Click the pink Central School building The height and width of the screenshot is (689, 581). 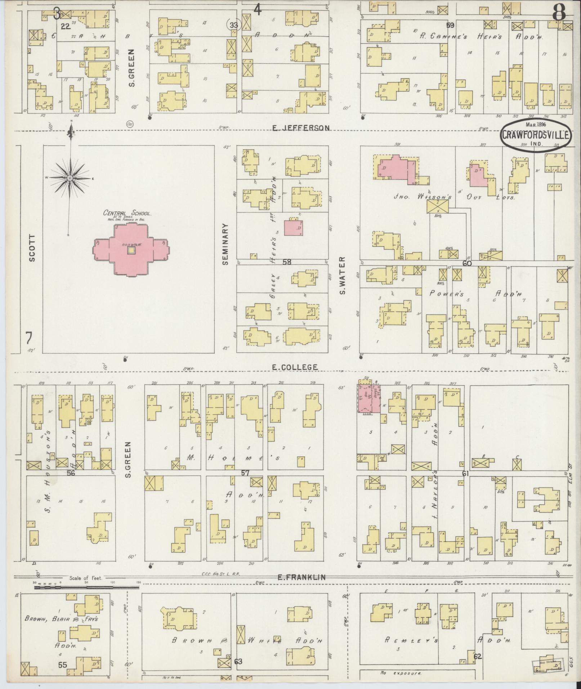point(132,250)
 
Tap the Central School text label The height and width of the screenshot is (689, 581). point(128,213)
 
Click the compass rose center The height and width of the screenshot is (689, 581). point(70,178)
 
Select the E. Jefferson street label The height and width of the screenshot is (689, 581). point(301,128)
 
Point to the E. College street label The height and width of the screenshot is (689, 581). point(295,367)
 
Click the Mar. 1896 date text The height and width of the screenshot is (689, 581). point(536,125)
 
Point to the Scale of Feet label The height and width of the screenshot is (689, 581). point(81,578)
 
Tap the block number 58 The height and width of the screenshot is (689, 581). point(287,262)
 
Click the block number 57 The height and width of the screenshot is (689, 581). point(245,473)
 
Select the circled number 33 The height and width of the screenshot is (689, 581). point(234,25)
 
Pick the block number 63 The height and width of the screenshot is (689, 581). point(238,661)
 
